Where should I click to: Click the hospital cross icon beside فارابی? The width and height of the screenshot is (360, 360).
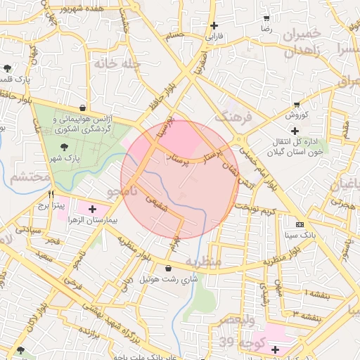pyautogui.click(x=213, y=25)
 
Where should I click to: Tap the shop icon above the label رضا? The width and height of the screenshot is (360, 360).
pyautogui.click(x=266, y=18)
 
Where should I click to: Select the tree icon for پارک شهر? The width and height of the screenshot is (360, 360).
pyautogui.click(x=65, y=147)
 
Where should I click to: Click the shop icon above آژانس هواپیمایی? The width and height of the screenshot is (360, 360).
pyautogui.click(x=84, y=108)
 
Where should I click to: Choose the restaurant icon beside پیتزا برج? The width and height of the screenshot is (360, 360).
pyautogui.click(x=51, y=194)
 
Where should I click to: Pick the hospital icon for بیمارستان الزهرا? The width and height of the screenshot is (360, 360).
pyautogui.click(x=93, y=209)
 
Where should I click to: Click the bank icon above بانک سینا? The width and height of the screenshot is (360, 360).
pyautogui.click(x=300, y=224)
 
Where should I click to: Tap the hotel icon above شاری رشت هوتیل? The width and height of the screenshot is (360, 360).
pyautogui.click(x=167, y=267)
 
